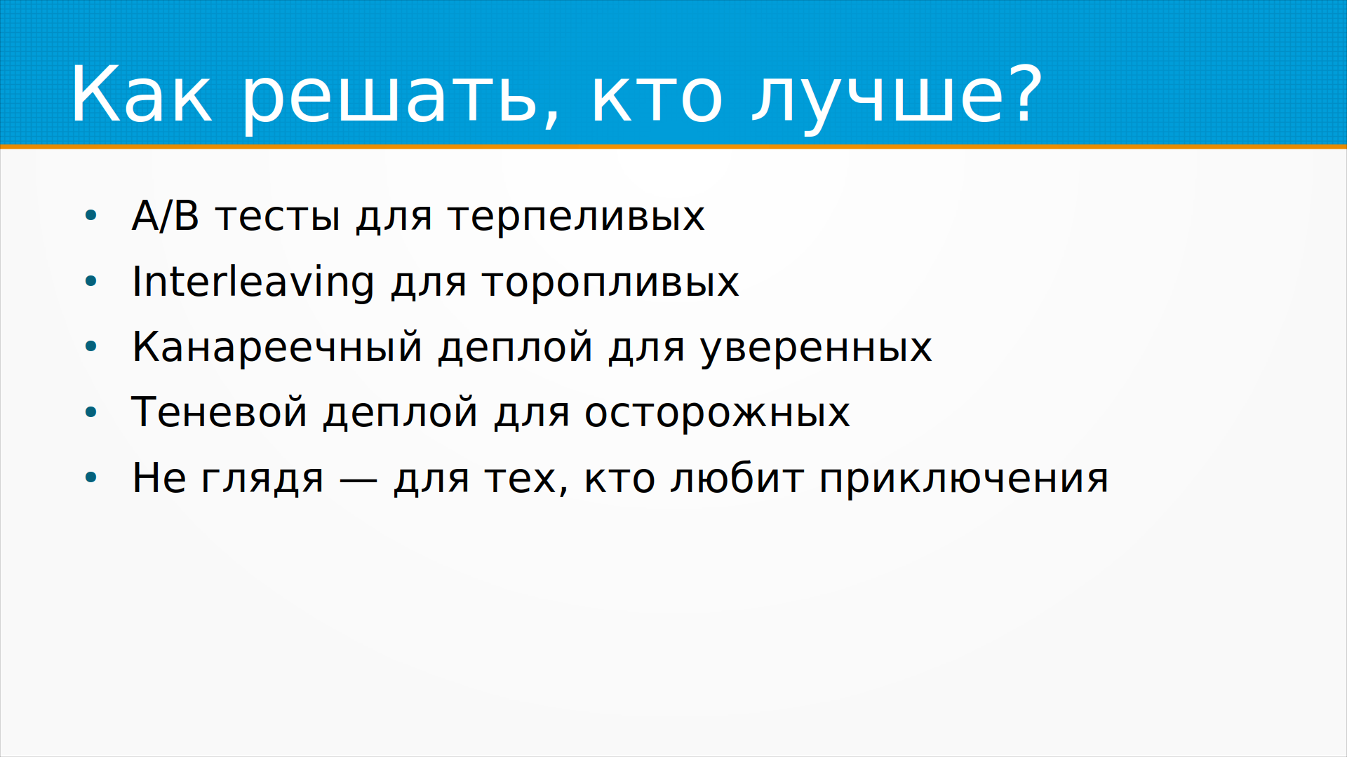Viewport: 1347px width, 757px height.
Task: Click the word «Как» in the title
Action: [140, 94]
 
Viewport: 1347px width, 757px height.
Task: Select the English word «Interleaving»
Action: [253, 282]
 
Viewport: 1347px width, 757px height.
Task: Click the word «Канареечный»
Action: [277, 346]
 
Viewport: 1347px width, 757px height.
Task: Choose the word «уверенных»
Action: [817, 349]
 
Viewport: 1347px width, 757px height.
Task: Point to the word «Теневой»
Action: [220, 411]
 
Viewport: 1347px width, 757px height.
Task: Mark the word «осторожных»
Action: [717, 414]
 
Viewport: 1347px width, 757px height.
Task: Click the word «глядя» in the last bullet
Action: [263, 479]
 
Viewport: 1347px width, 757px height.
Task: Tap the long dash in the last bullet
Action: [358, 480]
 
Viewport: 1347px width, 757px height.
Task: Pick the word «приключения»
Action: [964, 479]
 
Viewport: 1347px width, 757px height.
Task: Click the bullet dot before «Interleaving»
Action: [91, 282]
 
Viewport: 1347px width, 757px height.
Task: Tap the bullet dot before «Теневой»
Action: [91, 412]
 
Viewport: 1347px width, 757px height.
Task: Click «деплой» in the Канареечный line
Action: [516, 348]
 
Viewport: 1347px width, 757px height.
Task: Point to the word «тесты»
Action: [278, 217]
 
